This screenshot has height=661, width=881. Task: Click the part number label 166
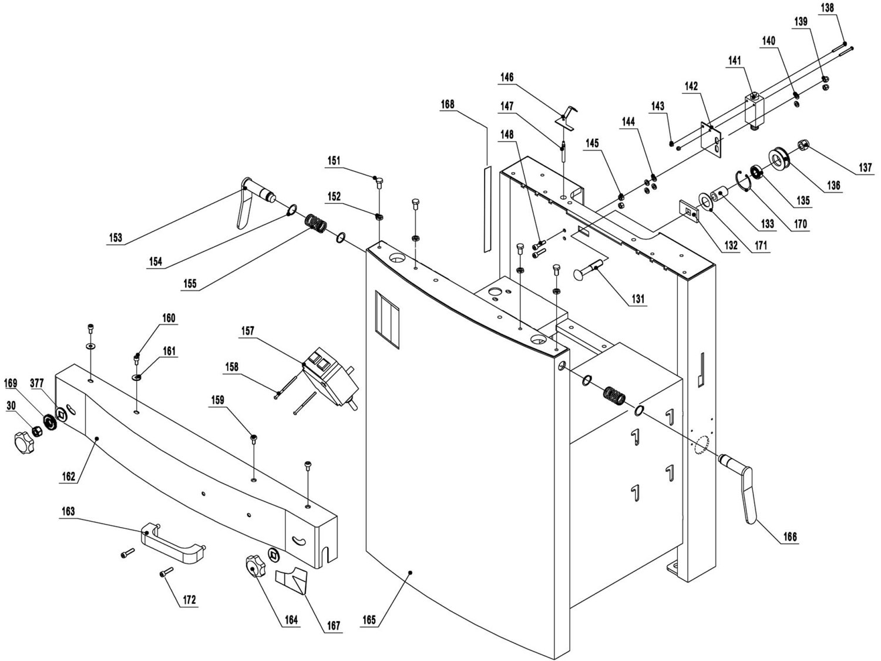(790, 537)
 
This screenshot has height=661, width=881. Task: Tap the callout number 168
(448, 105)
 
